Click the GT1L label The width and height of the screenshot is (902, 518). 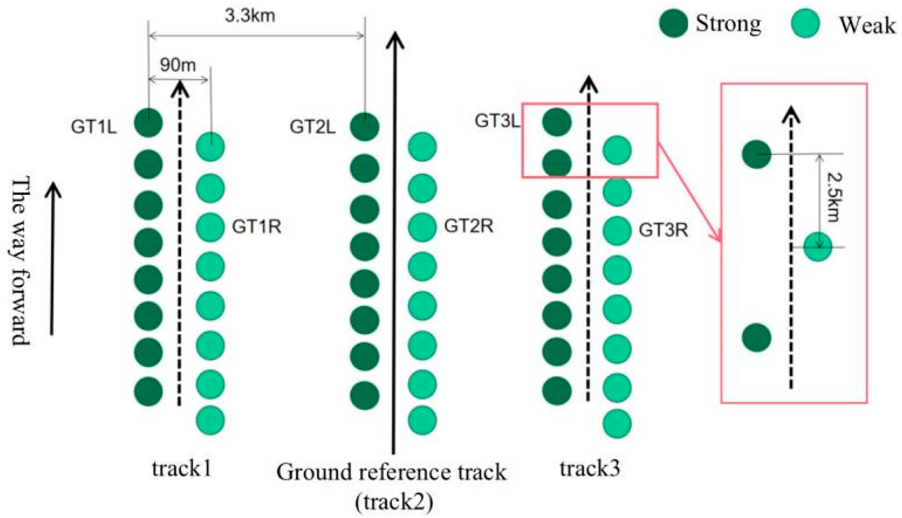[94, 126]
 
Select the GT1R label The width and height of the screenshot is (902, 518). [257, 227]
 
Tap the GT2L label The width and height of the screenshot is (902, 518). [312, 126]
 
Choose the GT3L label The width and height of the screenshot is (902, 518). [497, 121]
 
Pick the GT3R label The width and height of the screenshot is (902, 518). [663, 230]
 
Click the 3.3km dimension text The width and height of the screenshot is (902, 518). [250, 16]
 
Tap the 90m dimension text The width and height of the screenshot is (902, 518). [177, 65]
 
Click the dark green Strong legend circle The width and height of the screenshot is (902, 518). [673, 23]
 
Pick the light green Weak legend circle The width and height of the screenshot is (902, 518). [805, 23]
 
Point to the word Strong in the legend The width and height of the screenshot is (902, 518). [728, 24]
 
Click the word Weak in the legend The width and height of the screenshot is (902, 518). [867, 26]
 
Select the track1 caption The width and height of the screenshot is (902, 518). [182, 469]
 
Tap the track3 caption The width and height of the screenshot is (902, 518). [590, 468]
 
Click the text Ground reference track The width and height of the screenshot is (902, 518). [391, 472]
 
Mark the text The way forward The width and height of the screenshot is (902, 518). [20, 262]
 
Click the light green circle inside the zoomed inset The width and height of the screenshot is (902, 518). [818, 247]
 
